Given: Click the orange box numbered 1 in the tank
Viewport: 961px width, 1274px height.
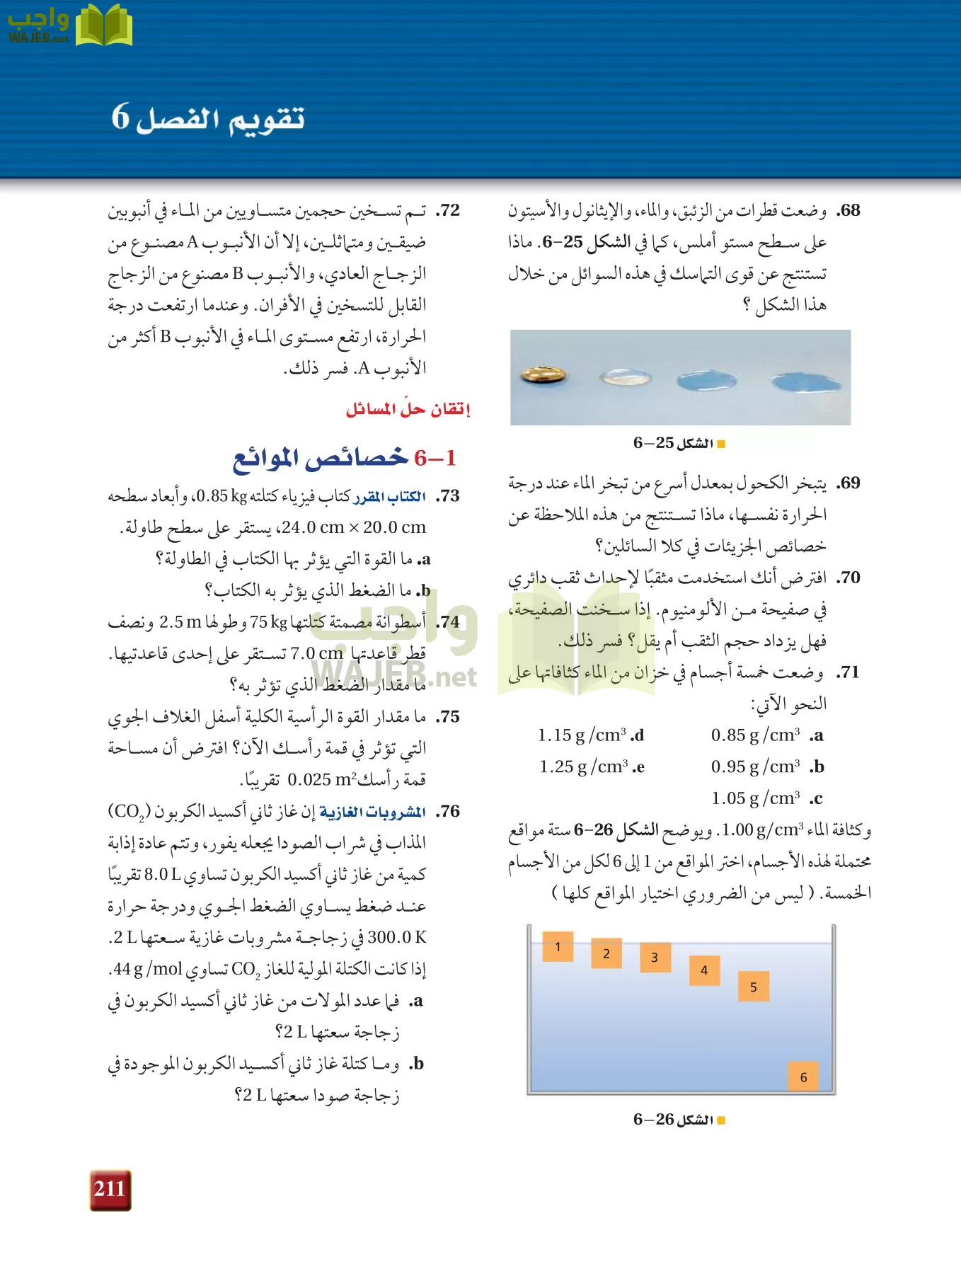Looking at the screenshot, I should tap(558, 946).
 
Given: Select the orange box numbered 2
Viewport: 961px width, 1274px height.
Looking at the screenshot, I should tap(606, 953).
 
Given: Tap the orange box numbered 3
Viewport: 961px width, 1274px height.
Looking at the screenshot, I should tap(655, 958).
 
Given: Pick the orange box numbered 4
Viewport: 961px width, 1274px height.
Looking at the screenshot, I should tap(704, 970).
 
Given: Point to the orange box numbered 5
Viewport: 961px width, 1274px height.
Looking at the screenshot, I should tap(754, 987).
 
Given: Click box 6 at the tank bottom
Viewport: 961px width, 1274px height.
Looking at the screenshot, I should tap(803, 1077).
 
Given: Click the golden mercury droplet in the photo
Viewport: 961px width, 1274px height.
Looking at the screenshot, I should tap(543, 374).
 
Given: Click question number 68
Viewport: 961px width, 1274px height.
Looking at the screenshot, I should tap(848, 210).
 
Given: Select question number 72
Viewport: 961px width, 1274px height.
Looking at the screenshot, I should tap(447, 210).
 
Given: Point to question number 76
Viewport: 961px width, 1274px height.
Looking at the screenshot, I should tap(447, 811).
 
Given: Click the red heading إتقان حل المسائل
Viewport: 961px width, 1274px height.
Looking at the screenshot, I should tap(408, 409).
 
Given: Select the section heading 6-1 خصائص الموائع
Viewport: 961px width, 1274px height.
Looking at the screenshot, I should tap(345, 459).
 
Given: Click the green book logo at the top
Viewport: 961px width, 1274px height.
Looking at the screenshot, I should tap(103, 26).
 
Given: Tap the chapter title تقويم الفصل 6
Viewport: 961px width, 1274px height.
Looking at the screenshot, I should tap(208, 117).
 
